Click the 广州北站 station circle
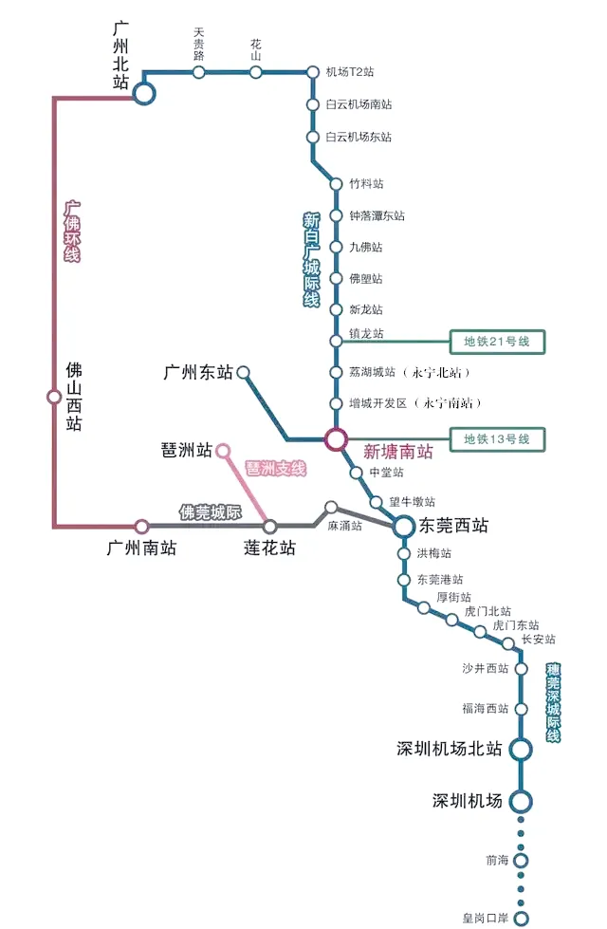(143, 93)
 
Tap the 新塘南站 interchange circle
(336, 439)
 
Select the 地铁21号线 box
(497, 341)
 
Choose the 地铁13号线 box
(497, 439)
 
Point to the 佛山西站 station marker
(54, 397)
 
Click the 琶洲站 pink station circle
(224, 450)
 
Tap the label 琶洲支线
(276, 469)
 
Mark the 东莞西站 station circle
(404, 526)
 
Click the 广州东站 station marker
(243, 373)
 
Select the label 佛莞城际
(211, 512)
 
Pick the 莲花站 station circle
(270, 526)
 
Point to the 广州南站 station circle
(141, 526)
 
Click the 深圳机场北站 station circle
(520, 750)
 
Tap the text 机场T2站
(350, 72)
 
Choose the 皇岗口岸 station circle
(521, 918)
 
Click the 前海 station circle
(521, 861)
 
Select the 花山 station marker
(256, 72)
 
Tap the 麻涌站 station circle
(331, 507)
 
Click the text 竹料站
(366, 183)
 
